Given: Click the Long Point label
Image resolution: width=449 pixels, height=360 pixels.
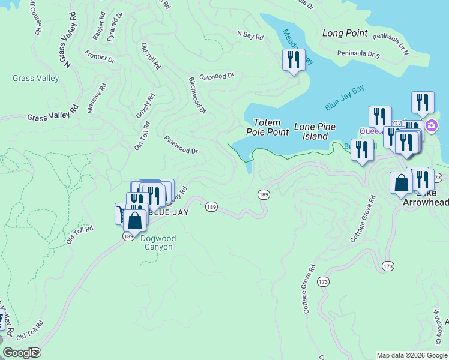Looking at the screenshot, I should pos(345,33).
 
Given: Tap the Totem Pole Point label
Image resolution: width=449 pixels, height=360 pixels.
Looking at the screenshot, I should pos(263,127).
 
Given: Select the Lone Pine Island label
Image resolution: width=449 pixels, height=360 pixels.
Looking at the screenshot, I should pos(315,131).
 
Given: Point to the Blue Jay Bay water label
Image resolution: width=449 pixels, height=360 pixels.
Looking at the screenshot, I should pos(344,98).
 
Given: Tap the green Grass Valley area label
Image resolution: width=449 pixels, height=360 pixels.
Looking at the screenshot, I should pos(36,78).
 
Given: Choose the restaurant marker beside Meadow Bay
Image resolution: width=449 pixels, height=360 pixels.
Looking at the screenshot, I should pos(294,61).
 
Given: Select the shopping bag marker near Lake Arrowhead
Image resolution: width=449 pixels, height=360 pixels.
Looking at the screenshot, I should pos(400,184).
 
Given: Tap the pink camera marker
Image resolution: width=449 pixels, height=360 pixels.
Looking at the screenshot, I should pos(432,127).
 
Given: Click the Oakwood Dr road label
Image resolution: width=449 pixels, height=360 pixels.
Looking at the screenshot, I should pos(216,76).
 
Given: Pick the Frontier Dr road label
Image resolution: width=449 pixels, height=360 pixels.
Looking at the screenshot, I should pos(100,59).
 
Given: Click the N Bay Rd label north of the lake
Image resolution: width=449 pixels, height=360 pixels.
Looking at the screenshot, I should pos(250,37).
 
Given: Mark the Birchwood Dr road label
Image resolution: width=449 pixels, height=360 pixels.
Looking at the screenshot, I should pos(197,95).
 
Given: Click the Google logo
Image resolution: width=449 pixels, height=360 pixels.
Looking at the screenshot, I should pos(20,353).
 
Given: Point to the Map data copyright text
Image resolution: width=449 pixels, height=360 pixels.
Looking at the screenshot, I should pos(412,355).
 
